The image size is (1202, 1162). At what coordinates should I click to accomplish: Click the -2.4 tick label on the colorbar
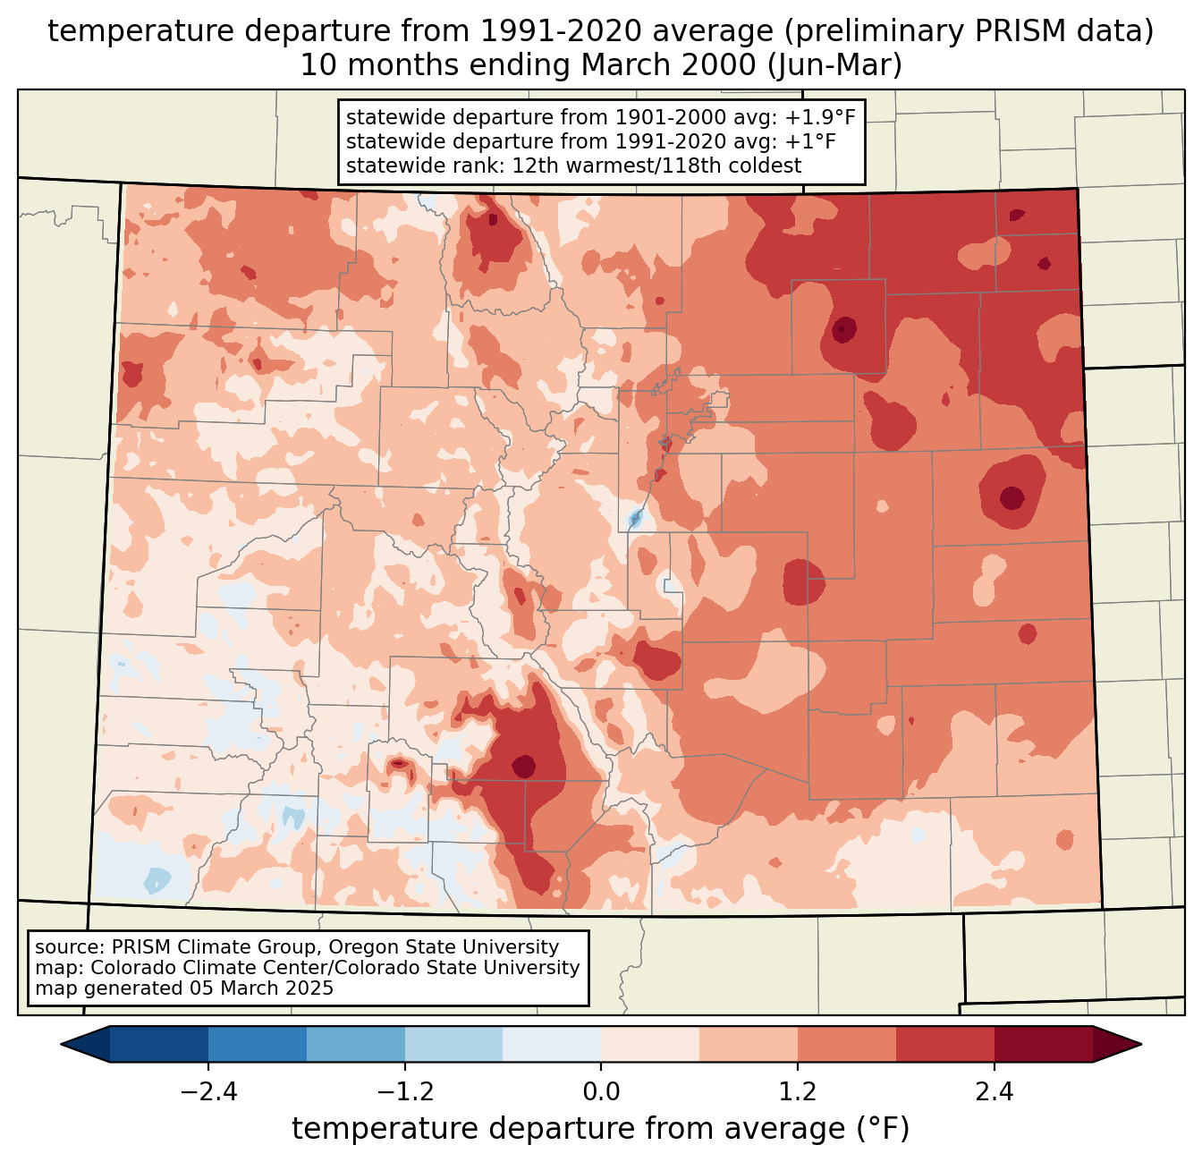207,1093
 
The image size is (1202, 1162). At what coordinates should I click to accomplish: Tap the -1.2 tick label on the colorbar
404,1093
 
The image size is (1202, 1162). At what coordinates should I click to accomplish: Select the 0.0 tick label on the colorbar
601,1093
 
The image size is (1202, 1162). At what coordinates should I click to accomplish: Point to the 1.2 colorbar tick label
798,1093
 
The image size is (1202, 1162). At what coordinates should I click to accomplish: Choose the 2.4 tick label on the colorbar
995,1093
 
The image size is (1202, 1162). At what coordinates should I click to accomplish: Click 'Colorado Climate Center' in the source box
193,968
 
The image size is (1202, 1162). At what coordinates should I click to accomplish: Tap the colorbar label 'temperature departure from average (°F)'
601,1129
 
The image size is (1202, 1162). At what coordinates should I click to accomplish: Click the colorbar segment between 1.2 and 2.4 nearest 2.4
945,1044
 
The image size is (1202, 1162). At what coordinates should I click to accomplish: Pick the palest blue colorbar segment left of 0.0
552,1044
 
